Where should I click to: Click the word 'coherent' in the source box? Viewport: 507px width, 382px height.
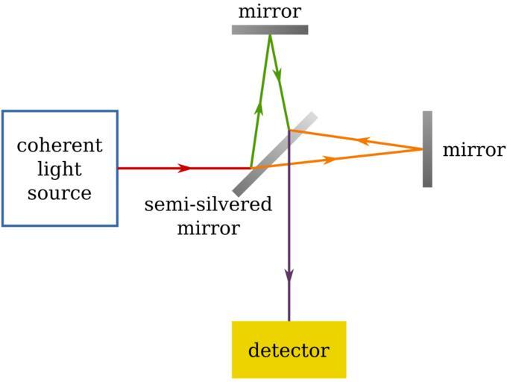(x=60, y=145)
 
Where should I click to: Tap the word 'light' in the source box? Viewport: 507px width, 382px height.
(x=60, y=169)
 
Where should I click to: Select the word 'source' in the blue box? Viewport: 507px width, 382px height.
(x=60, y=192)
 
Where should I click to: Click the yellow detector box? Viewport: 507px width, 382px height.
(x=289, y=349)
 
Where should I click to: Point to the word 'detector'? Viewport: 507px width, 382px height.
(x=289, y=350)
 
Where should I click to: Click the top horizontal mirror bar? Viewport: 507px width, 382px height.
(x=270, y=30)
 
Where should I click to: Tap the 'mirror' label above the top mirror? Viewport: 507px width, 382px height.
(x=270, y=12)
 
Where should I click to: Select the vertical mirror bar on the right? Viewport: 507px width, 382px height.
(x=427, y=149)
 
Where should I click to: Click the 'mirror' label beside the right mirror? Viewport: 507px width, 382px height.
(x=473, y=150)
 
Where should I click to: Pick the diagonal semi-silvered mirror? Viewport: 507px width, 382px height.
(x=274, y=154)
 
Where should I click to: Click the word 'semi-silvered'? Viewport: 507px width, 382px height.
(x=208, y=204)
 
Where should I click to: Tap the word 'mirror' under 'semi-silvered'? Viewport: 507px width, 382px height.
(x=208, y=228)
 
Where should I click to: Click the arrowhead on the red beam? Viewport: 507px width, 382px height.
(x=184, y=168)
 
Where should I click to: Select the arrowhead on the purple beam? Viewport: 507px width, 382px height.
(x=289, y=275)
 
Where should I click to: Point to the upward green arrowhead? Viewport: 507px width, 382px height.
(x=260, y=107)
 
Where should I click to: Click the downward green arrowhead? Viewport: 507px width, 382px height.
(x=278, y=76)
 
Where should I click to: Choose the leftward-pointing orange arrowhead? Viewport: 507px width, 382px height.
(x=365, y=140)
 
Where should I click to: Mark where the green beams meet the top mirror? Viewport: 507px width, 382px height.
(x=270, y=34)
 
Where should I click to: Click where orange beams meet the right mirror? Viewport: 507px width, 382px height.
(x=423, y=149)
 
